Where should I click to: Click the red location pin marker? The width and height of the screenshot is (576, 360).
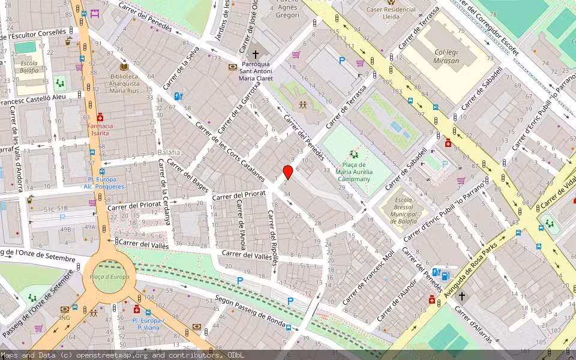(x=288, y=172)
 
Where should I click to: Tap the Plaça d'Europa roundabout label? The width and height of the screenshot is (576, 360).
(x=109, y=277)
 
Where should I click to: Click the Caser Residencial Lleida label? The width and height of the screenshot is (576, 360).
(x=391, y=13)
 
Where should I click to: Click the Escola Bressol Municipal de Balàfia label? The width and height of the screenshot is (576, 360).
(x=403, y=210)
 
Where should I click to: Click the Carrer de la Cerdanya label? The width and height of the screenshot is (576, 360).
(x=164, y=193)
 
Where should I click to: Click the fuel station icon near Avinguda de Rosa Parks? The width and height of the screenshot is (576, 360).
(x=445, y=275)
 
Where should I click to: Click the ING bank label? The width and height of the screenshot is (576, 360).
(x=65, y=317)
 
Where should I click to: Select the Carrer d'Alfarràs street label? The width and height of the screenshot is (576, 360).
(x=474, y=326)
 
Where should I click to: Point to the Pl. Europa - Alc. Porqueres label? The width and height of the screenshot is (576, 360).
(x=103, y=183)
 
